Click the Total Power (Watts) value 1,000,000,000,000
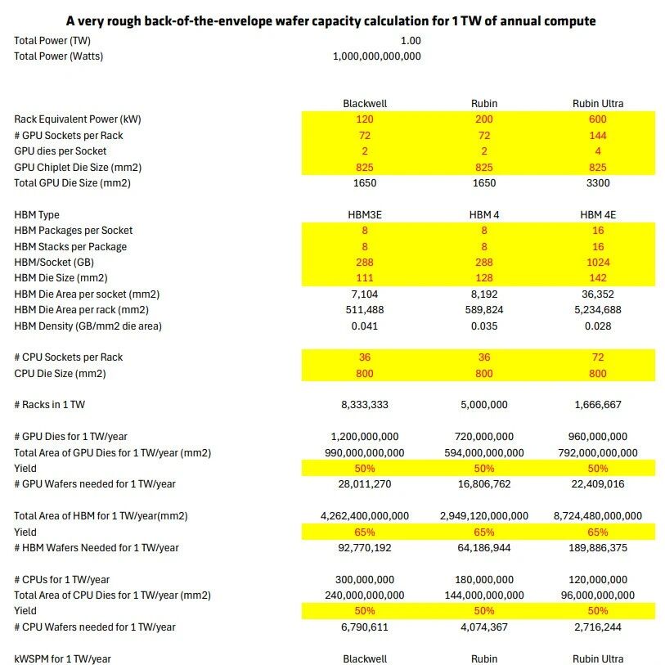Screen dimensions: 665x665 click(376, 56)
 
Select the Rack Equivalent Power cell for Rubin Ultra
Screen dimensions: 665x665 click(598, 119)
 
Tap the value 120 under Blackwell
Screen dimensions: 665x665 click(365, 119)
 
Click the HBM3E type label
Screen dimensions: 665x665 click(365, 215)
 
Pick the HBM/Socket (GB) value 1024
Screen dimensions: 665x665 click(598, 263)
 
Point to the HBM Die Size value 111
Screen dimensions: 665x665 click(365, 278)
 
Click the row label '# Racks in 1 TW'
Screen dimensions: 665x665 click(50, 405)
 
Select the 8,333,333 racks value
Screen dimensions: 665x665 click(365, 405)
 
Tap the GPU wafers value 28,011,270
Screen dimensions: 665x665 click(365, 484)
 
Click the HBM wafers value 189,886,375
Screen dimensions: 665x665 click(598, 548)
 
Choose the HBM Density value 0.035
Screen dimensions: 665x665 click(484, 326)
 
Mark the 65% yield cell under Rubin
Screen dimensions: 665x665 click(484, 532)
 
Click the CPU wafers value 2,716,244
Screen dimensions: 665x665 click(598, 627)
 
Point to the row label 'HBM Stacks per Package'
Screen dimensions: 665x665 click(70, 247)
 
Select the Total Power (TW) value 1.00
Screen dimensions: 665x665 click(411, 41)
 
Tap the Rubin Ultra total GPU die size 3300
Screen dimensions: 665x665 click(598, 183)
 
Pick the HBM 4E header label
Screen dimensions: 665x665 click(598, 215)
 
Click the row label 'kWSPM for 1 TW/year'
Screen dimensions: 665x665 click(62, 659)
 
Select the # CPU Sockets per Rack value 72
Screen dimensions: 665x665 click(598, 357)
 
